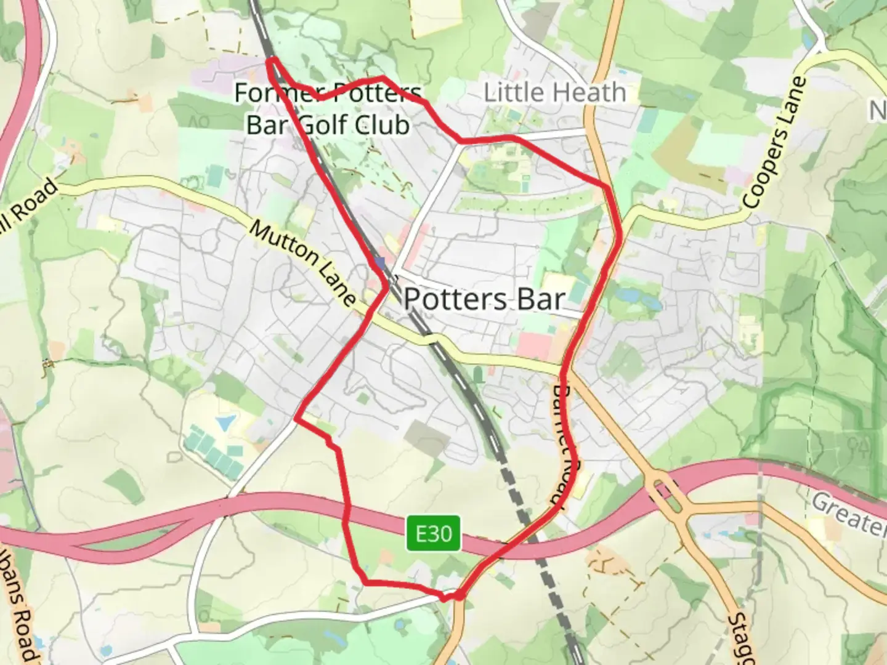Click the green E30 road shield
[434, 533]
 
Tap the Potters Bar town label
[484, 299]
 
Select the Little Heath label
[554, 92]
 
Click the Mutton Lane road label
[302, 263]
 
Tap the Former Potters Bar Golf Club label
[328, 109]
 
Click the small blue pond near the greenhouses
[225, 422]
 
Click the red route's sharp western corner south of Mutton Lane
[296, 418]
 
